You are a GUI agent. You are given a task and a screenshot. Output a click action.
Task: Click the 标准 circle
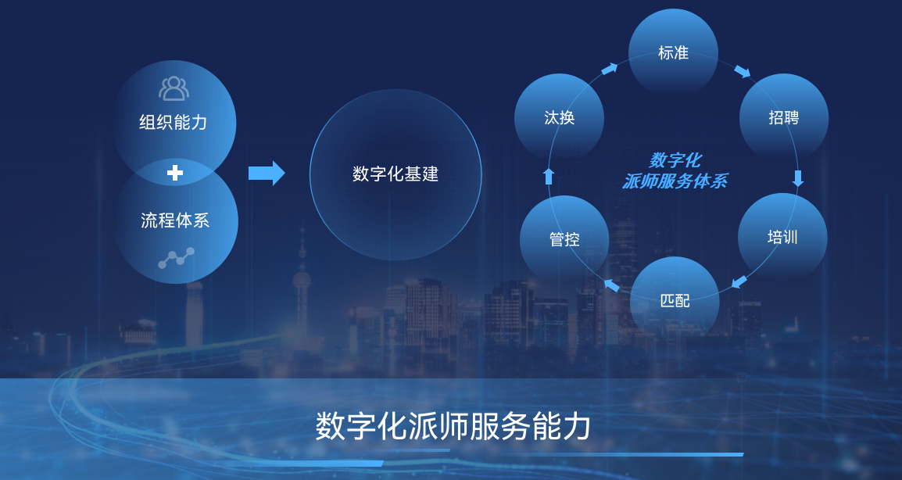point(673,52)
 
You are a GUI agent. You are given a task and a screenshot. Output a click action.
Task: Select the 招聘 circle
point(783,118)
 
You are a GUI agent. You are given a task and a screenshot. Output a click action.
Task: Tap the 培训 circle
point(782,237)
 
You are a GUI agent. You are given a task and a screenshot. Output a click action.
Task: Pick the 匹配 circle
point(675,300)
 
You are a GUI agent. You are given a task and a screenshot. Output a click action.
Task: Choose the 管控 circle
point(564,239)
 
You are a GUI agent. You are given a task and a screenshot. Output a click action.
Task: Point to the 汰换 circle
point(559,118)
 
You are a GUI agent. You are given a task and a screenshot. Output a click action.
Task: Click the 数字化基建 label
point(396,174)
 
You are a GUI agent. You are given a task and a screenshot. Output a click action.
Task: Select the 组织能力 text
point(174,122)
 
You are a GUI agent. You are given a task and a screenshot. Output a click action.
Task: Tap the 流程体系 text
point(175,220)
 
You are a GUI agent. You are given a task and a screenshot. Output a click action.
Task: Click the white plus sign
point(175,173)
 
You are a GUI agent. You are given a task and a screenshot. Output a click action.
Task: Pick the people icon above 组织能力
point(174,88)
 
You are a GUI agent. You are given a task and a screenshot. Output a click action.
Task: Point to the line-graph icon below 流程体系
point(176,257)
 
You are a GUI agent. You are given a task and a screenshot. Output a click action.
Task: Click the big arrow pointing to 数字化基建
point(267,173)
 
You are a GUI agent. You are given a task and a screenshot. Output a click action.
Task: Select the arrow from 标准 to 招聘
point(742,72)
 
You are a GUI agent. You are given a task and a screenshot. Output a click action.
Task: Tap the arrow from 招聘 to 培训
point(797,178)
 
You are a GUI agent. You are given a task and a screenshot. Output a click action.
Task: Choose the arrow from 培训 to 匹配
point(739,281)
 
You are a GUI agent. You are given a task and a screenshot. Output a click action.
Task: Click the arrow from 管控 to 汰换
point(549,176)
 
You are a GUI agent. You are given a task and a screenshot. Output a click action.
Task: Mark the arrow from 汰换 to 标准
point(609,69)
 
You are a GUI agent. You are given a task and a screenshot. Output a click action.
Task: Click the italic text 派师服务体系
point(675,181)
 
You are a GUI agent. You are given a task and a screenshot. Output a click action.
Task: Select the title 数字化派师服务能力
point(453,426)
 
